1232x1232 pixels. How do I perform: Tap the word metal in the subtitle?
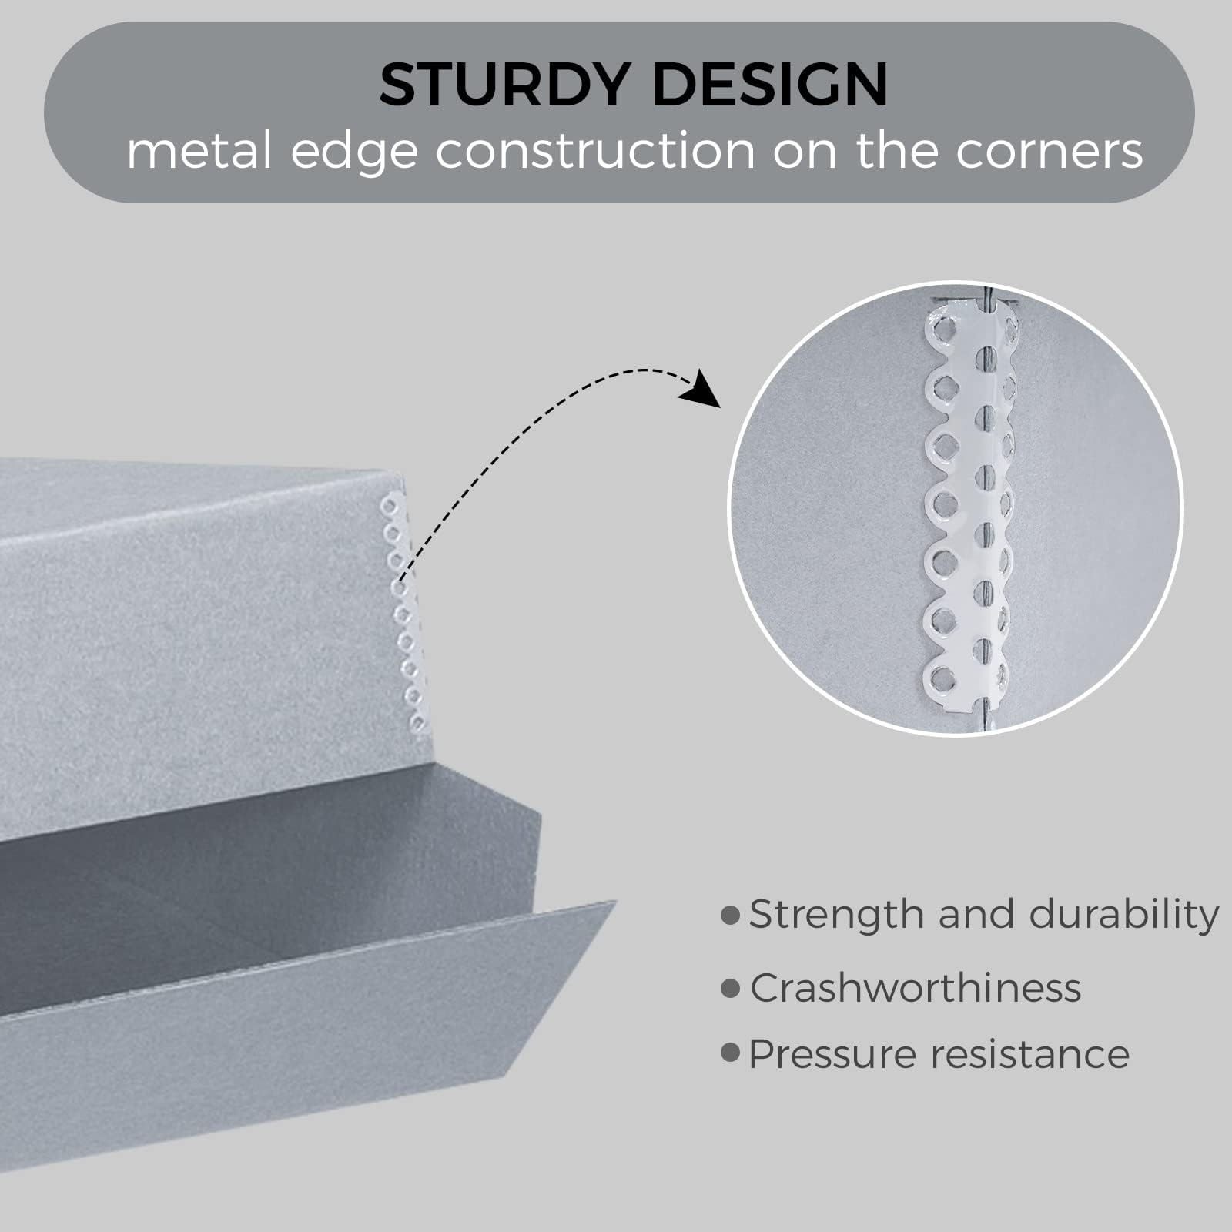199,150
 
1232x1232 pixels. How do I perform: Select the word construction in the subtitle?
596,152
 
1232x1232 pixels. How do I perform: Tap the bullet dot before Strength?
730,916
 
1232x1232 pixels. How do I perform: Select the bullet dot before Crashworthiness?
730,988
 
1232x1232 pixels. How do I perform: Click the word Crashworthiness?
916,987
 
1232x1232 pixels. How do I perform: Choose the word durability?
1124,916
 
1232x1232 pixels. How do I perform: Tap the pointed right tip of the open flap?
615,902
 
